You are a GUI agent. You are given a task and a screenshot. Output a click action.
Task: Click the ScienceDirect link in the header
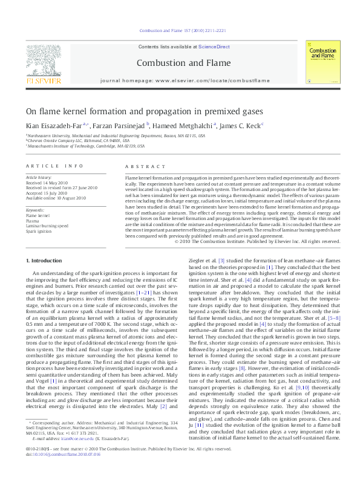click(213, 47)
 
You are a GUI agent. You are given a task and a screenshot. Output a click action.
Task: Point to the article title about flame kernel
click(144, 111)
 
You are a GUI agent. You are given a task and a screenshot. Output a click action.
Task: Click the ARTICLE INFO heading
click(54, 166)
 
